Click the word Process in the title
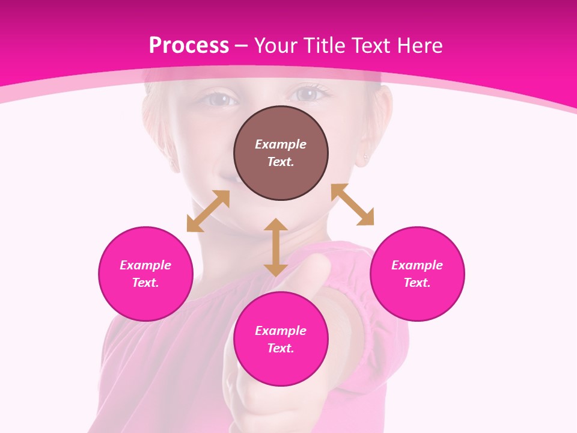[189, 46]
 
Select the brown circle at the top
[281, 153]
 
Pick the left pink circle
[145, 274]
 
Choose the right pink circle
[417, 274]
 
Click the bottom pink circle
[281, 339]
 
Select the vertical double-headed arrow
[276, 247]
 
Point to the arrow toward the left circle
[208, 211]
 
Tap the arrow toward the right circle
[352, 204]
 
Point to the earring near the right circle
[365, 158]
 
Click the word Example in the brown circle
[281, 144]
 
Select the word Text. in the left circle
[145, 283]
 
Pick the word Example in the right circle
[417, 265]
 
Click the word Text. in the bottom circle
[281, 348]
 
